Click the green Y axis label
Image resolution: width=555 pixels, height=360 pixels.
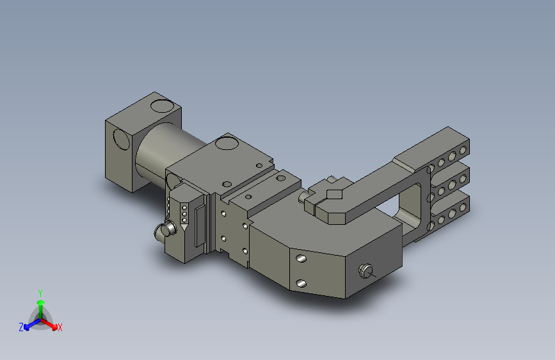(x=40, y=293)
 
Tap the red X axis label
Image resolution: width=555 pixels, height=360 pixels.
(x=60, y=327)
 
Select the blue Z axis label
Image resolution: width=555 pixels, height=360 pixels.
(x=21, y=327)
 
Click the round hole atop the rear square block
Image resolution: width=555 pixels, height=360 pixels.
(x=162, y=106)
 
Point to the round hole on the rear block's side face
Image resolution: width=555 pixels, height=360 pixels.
(x=122, y=139)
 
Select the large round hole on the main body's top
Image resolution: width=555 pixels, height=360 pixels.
(x=227, y=143)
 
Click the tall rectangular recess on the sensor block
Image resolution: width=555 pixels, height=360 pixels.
(x=200, y=225)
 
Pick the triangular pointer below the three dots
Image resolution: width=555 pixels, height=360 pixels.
(x=184, y=226)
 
